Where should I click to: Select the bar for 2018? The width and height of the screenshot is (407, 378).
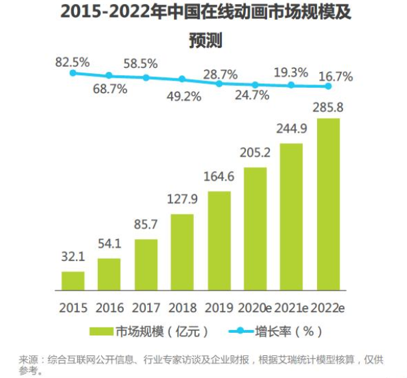point(182,254)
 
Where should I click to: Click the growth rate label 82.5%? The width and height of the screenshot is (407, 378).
point(73,63)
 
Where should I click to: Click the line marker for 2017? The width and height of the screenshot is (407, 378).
point(146,78)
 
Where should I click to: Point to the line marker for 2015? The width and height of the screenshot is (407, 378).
point(73,73)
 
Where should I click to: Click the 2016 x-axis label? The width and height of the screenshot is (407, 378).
point(110,307)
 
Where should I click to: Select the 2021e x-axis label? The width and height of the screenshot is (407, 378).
point(292,307)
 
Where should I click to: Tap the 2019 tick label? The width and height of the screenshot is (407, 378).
point(218,307)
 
